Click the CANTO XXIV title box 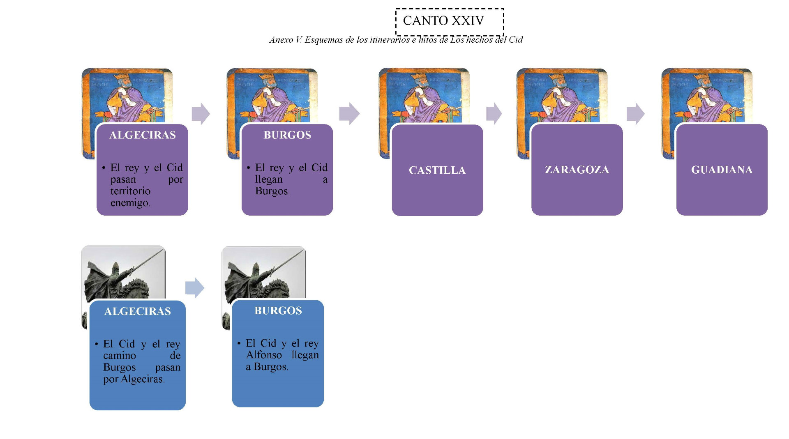pyautogui.click(x=449, y=21)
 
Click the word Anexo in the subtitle pyautogui.click(x=281, y=40)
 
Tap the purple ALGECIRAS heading pyautogui.click(x=142, y=135)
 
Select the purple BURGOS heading pyautogui.click(x=287, y=135)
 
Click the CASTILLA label pyautogui.click(x=437, y=170)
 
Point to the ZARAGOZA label pyautogui.click(x=577, y=170)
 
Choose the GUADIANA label pyautogui.click(x=722, y=170)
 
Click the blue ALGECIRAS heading pyautogui.click(x=137, y=311)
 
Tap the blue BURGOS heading pyautogui.click(x=278, y=310)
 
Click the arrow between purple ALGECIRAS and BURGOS pyautogui.click(x=201, y=114)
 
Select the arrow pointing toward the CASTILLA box pyautogui.click(x=349, y=114)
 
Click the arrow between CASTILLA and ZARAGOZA pyautogui.click(x=494, y=114)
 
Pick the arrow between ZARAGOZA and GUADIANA pyautogui.click(x=635, y=114)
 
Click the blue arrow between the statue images pyautogui.click(x=194, y=287)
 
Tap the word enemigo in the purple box pyautogui.click(x=130, y=203)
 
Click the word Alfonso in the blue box pyautogui.click(x=264, y=355)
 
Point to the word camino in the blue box pyautogui.click(x=119, y=356)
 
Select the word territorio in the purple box pyautogui.click(x=130, y=191)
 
